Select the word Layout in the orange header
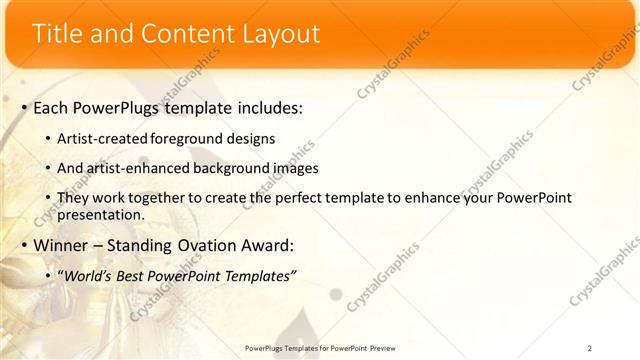point(281,34)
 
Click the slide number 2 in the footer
point(590,348)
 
